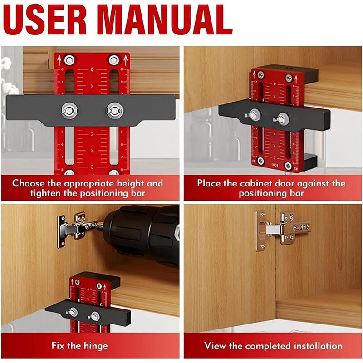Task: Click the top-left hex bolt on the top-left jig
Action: pos(69,59)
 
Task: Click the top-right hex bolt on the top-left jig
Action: pos(113,59)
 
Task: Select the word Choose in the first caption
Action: pos(28,184)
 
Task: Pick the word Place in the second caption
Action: pos(210,184)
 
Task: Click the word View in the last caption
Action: pos(215,346)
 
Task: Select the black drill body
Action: pos(145,234)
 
